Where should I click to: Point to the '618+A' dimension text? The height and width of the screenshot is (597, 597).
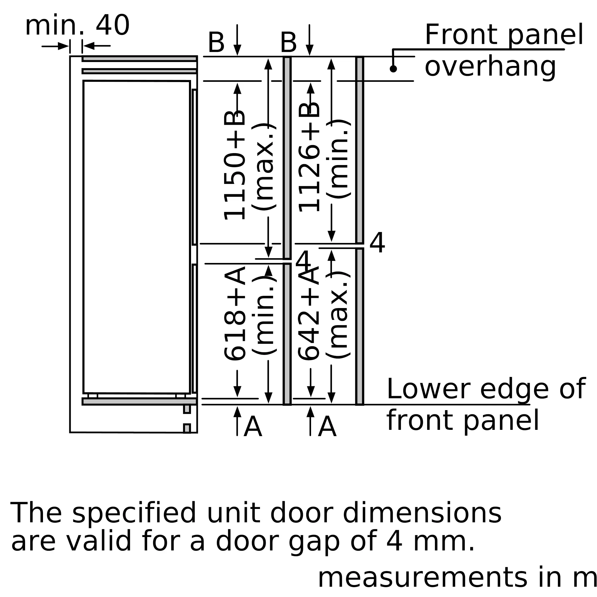tap(235, 313)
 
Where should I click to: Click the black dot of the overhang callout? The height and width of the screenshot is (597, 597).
tap(393, 69)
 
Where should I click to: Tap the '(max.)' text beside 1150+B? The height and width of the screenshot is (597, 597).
tap(263, 167)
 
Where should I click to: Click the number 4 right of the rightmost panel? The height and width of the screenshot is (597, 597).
tap(377, 243)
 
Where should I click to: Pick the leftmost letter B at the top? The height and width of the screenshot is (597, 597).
tap(216, 43)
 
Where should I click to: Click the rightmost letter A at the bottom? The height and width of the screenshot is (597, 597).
tap(327, 427)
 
